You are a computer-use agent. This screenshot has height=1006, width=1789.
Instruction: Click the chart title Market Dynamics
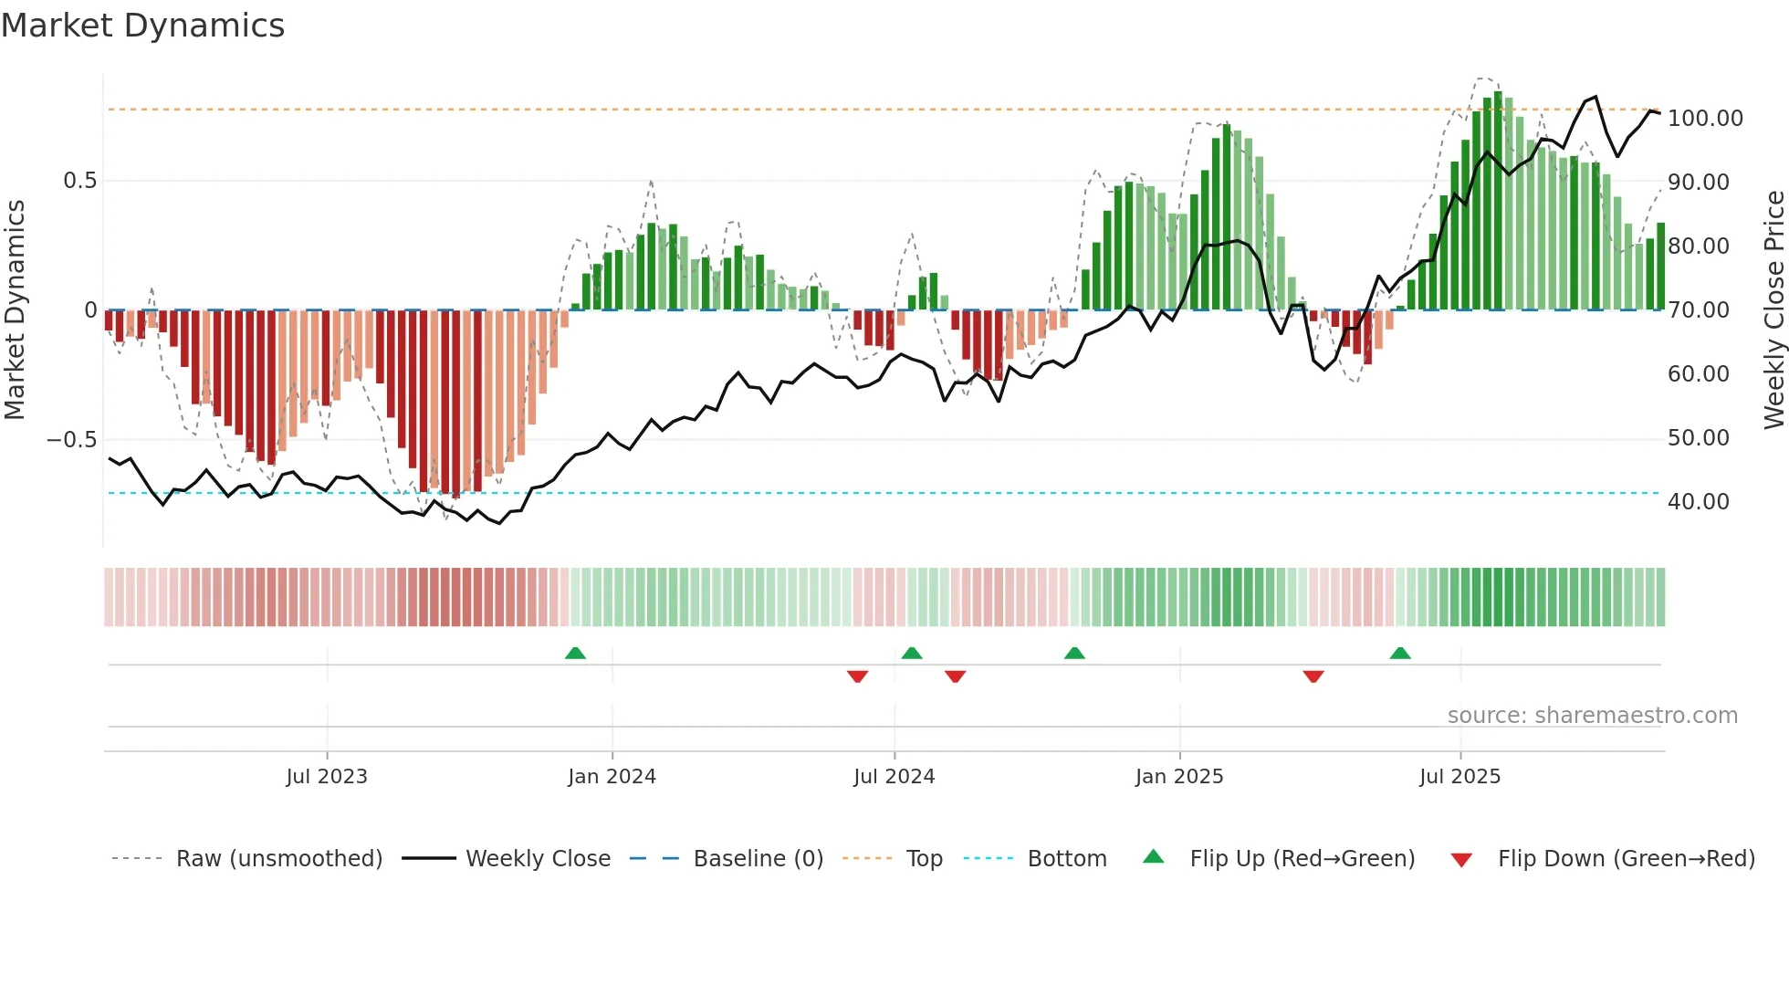[x=143, y=26]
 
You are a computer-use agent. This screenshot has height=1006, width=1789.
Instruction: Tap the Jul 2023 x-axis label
[x=327, y=777]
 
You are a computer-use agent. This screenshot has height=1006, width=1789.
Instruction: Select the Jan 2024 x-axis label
[x=612, y=777]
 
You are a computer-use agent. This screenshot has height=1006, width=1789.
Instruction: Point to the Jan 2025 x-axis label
[x=1179, y=777]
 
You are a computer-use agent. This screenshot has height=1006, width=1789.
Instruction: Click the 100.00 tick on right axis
[x=1705, y=119]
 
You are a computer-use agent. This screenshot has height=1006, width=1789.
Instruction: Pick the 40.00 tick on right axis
[x=1698, y=502]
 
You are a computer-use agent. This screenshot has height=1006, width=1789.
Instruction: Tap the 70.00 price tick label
[x=1698, y=310]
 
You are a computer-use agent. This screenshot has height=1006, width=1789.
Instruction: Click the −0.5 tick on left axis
[x=72, y=440]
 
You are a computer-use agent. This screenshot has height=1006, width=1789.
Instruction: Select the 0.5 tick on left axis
[x=79, y=181]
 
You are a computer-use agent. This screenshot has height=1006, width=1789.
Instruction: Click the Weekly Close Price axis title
[x=1773, y=310]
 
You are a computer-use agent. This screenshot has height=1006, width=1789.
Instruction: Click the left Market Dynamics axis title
[x=15, y=310]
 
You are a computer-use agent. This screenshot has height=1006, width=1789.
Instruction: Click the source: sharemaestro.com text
[x=1592, y=716]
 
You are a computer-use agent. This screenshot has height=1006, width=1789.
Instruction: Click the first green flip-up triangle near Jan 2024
[x=575, y=653]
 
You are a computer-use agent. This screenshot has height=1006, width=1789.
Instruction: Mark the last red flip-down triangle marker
[x=1313, y=676]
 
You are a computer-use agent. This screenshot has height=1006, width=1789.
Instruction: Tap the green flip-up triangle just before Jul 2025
[x=1400, y=653]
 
